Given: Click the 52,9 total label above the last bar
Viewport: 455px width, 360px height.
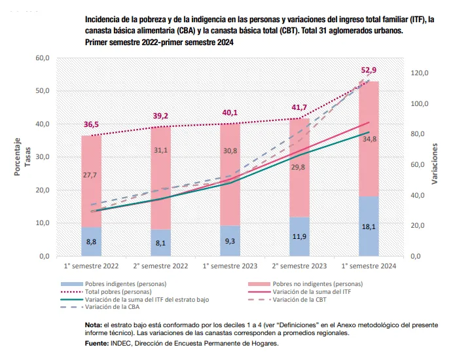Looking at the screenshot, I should pos(369,70).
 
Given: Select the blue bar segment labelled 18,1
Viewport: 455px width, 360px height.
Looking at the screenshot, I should pos(369,226).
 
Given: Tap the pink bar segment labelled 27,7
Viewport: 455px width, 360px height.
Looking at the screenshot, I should pos(91,175).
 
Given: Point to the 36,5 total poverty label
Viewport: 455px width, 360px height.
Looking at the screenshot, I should pos(91,124).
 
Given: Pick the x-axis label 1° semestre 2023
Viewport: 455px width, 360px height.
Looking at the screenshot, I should pos(230,266).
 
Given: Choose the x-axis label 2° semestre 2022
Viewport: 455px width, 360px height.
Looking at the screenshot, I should pos(160,266).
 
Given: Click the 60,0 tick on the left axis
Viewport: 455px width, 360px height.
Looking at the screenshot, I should pos(41,58).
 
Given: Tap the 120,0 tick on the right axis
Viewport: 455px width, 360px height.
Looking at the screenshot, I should pos(420,73).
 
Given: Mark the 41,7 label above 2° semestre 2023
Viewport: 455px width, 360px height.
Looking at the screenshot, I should pos(299,107).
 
